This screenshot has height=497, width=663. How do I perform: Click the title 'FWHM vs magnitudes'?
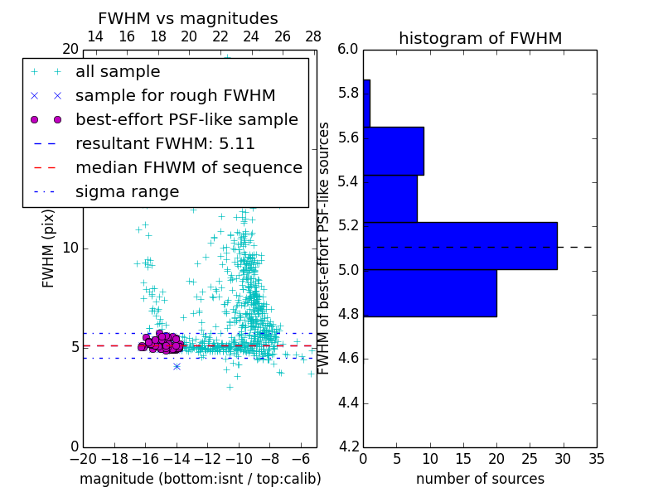pos(187,18)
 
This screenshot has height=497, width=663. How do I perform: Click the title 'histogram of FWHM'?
pos(480,38)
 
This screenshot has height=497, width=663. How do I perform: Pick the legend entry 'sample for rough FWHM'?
pos(175,95)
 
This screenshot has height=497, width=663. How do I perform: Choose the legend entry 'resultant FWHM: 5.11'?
pos(165,143)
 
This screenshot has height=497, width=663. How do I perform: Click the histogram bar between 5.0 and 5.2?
pos(460,246)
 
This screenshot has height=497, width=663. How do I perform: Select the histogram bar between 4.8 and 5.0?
pos(430,292)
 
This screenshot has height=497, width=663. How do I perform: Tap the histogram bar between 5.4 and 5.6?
pos(394,151)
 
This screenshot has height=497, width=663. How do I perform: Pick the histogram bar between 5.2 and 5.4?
pos(390,199)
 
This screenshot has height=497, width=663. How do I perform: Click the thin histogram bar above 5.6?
pos(366,104)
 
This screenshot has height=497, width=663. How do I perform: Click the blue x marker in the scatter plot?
pos(177,366)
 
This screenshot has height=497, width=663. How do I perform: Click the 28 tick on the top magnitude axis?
pos(313,36)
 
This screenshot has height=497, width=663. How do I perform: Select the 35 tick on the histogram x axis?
pos(596,459)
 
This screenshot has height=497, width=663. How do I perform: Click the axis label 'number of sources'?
pos(480,479)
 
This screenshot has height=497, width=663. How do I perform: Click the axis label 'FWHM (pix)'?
pos(49,248)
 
